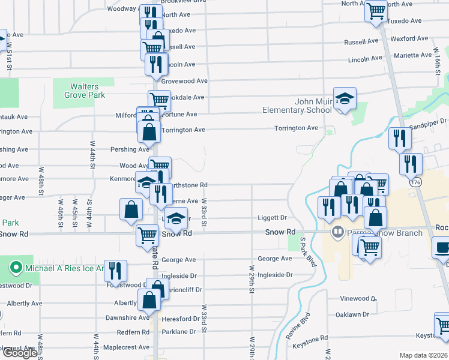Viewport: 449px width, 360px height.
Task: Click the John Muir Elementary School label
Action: click(x=297, y=106)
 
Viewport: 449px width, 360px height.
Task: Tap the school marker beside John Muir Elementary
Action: click(x=345, y=98)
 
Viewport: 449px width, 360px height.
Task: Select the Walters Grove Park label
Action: click(x=83, y=91)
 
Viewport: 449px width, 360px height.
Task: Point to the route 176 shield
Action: click(x=415, y=181)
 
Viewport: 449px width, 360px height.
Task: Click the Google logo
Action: click(x=20, y=353)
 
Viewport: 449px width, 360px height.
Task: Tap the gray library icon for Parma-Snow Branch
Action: click(x=338, y=232)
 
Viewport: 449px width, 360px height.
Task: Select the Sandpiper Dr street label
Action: click(x=429, y=121)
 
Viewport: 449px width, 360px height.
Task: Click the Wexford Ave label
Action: click(x=409, y=38)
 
